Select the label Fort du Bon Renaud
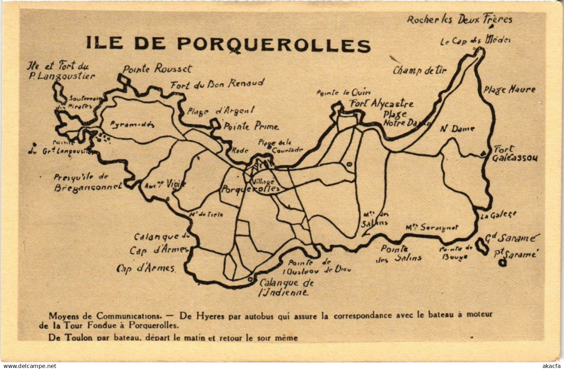(217, 84)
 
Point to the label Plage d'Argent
(221, 111)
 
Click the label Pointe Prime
(251, 126)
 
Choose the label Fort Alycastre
(381, 104)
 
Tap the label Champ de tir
(420, 71)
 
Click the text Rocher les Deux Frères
(460, 20)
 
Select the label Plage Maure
(510, 90)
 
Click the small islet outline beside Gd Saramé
(482, 246)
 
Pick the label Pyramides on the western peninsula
(132, 125)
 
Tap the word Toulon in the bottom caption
(77, 337)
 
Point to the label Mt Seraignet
(432, 228)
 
